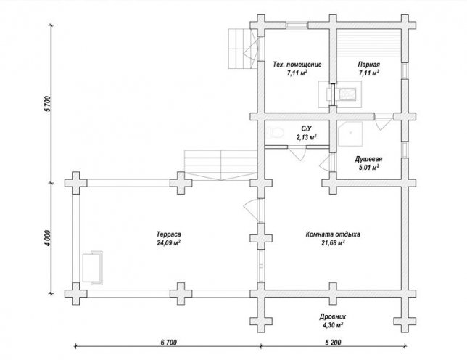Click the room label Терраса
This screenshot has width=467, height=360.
pyautogui.click(x=168, y=234)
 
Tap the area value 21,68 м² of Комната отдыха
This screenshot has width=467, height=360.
pyautogui.click(x=333, y=242)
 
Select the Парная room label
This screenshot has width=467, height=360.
pyautogui.click(x=368, y=65)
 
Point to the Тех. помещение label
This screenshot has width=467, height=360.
pyautogui.click(x=297, y=65)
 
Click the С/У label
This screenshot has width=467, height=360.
pyautogui.click(x=306, y=128)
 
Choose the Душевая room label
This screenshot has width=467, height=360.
pyautogui.click(x=368, y=159)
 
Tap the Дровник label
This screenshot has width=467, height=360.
pyautogui.click(x=333, y=316)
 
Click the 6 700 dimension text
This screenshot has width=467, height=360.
pyautogui.click(x=168, y=343)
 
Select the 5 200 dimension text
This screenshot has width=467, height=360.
pyautogui.click(x=333, y=343)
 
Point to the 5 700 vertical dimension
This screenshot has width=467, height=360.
pyautogui.click(x=48, y=104)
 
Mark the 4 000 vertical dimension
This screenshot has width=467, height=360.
pyautogui.click(x=48, y=238)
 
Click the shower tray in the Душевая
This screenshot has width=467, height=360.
pyautogui.click(x=350, y=134)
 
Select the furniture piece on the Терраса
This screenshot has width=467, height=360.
pyautogui.click(x=93, y=268)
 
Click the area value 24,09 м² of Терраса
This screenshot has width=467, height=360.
pyautogui.click(x=168, y=242)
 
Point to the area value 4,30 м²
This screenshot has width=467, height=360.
pyautogui.click(x=333, y=325)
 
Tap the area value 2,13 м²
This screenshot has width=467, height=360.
pyautogui.click(x=306, y=137)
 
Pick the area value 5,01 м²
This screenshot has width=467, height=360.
pyautogui.click(x=368, y=168)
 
